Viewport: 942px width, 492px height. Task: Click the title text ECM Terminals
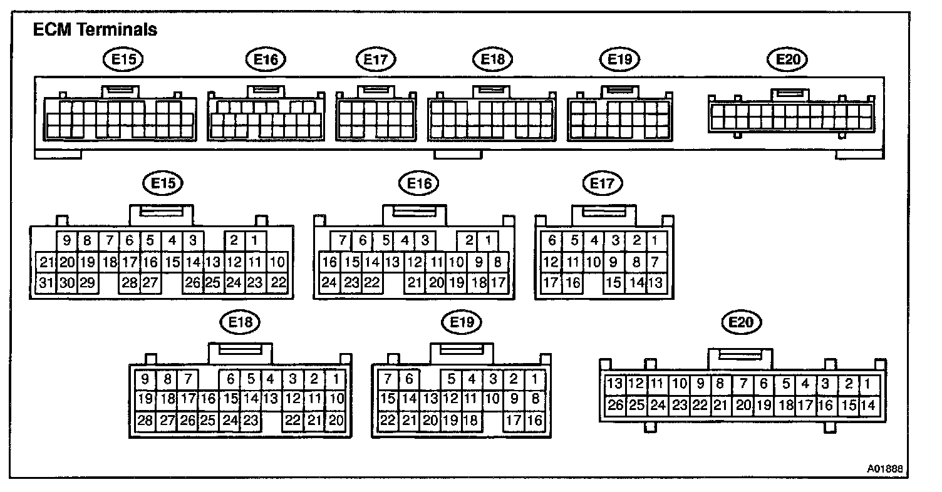[95, 29]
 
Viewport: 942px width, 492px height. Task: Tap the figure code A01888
[886, 468]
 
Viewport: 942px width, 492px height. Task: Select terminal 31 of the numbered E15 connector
[46, 282]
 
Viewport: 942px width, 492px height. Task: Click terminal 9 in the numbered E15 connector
[67, 240]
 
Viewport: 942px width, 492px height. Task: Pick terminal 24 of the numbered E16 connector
[329, 282]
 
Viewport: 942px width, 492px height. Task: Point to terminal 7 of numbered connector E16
[342, 240]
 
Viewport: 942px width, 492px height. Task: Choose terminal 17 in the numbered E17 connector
[551, 282]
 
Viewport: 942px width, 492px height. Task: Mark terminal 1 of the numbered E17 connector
[655, 240]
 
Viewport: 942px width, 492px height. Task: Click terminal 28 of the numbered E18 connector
[145, 420]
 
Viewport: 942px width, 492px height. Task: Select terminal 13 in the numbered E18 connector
[271, 399]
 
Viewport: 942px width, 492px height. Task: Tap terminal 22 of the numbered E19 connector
[388, 420]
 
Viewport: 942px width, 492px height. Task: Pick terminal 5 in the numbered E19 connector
[451, 379]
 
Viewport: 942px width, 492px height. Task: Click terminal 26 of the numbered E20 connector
[616, 405]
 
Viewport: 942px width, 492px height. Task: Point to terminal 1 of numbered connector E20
[867, 384]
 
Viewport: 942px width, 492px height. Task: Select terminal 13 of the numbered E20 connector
[616, 384]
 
